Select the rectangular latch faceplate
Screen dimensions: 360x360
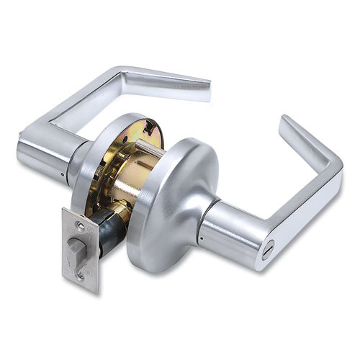tap(80, 252)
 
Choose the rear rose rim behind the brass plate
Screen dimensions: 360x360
tap(86, 166)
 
